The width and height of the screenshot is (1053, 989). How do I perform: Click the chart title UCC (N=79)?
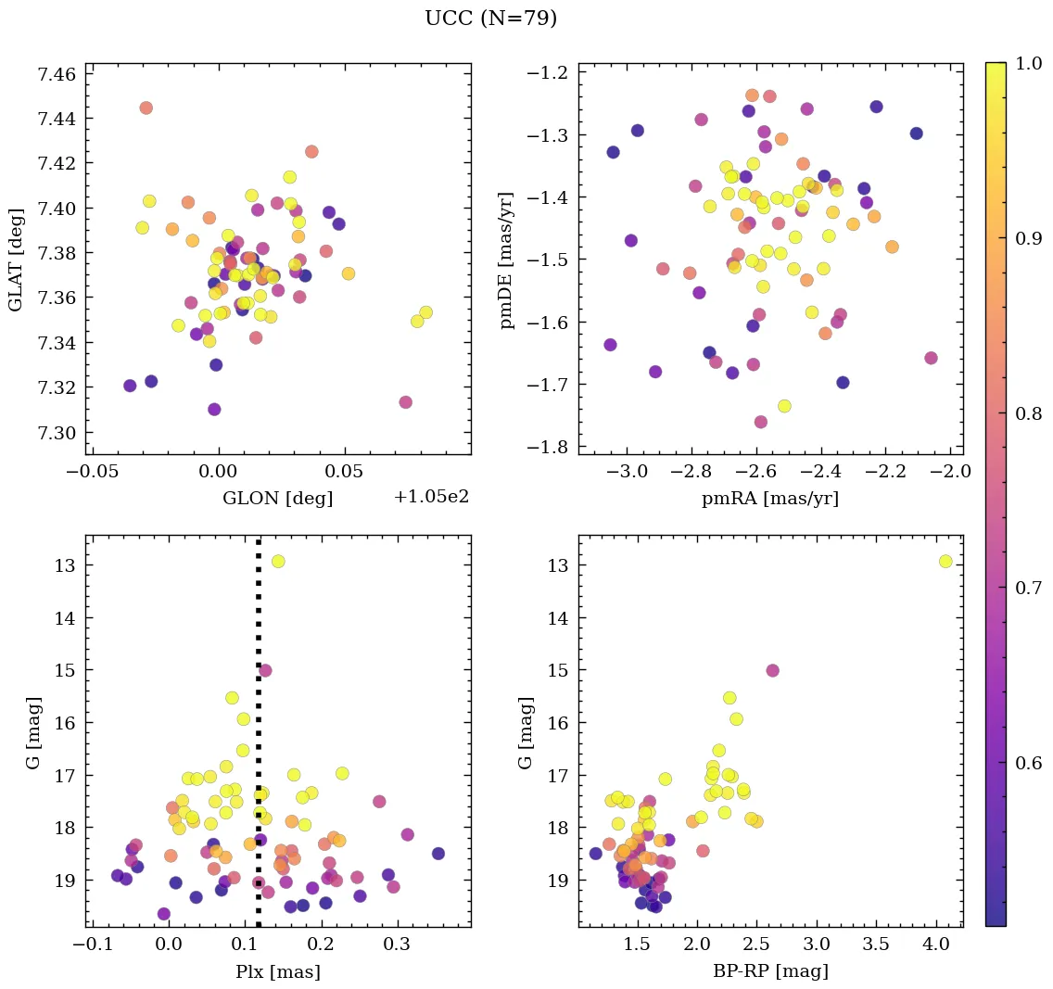[x=490, y=19]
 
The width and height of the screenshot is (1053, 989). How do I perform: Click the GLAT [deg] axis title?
[x=16, y=259]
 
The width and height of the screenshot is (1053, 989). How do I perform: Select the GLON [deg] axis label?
[x=277, y=498]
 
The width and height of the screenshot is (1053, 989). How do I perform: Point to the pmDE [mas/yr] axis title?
[x=507, y=259]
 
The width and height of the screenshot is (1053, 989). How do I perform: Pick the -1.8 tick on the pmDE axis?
[x=548, y=447]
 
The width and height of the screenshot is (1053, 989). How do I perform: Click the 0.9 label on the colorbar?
[x=1026, y=238]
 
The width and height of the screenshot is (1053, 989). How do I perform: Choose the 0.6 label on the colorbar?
[x=1026, y=763]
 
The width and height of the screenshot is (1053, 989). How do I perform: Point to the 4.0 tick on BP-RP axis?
[x=937, y=946]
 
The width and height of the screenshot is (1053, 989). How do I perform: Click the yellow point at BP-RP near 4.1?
[x=945, y=561]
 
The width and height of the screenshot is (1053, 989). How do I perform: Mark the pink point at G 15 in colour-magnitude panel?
[x=772, y=670]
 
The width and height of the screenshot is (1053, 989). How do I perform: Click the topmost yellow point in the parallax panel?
[x=277, y=561]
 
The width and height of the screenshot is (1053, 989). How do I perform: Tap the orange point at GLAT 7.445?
[x=146, y=108]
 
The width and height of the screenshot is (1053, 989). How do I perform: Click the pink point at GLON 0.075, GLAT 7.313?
[x=405, y=401]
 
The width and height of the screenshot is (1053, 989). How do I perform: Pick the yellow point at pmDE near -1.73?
[x=784, y=406]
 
